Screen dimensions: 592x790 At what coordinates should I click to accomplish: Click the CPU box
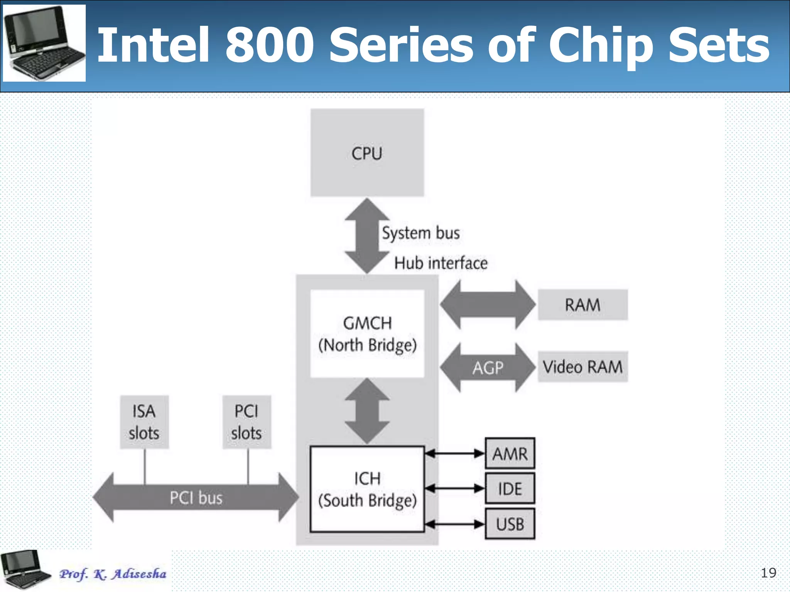tap(367, 153)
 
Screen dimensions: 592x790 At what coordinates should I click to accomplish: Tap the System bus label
tap(420, 233)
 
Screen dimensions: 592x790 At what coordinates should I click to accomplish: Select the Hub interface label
tap(441, 263)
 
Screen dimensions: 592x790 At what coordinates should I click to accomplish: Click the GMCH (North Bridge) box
tap(367, 334)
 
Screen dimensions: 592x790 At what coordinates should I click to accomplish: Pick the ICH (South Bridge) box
tap(367, 489)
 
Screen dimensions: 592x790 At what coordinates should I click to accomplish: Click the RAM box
tap(582, 305)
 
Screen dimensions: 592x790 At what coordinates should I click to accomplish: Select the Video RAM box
tap(582, 367)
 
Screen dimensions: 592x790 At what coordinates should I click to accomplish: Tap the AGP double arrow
tap(488, 368)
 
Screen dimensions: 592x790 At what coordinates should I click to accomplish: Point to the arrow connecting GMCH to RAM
tap(488, 305)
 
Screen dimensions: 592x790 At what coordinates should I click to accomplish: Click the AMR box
tap(510, 454)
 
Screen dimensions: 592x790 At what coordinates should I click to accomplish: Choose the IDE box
tap(510, 489)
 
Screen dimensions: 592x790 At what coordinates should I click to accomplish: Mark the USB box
tap(510, 524)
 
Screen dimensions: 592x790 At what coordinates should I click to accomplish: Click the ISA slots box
tap(144, 422)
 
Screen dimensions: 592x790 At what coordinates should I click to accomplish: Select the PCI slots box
tap(246, 422)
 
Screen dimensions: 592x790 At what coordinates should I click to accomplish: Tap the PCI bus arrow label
tap(196, 498)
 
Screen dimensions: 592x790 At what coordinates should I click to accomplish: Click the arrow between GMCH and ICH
tap(367, 411)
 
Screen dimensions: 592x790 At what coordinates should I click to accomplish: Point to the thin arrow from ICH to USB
tap(454, 524)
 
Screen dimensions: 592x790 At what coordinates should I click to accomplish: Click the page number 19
tap(768, 573)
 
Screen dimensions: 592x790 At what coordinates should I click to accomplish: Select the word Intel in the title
tap(153, 45)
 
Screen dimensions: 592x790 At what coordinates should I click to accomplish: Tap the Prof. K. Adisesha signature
tap(113, 574)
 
